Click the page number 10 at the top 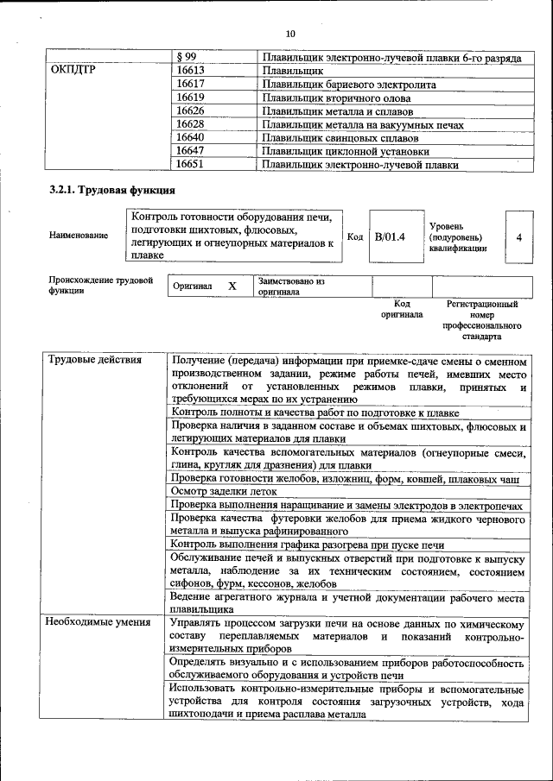(x=290, y=33)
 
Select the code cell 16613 (x=190, y=72)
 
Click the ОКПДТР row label (x=73, y=72)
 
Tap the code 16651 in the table (x=190, y=164)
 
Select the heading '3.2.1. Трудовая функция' (x=112, y=190)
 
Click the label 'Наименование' (x=79, y=236)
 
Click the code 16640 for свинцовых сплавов (x=190, y=137)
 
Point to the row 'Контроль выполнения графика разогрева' (x=307, y=545)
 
